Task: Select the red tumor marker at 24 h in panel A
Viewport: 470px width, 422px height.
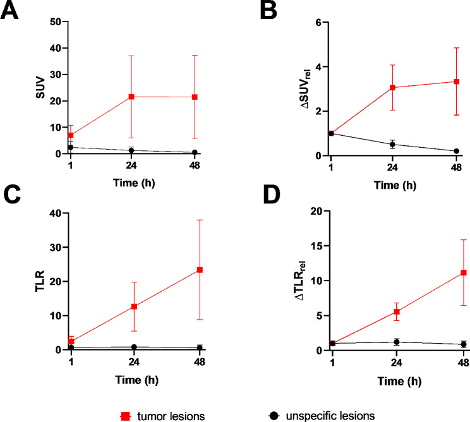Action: coord(131,97)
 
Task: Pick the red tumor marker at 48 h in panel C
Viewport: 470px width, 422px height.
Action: coord(200,270)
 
